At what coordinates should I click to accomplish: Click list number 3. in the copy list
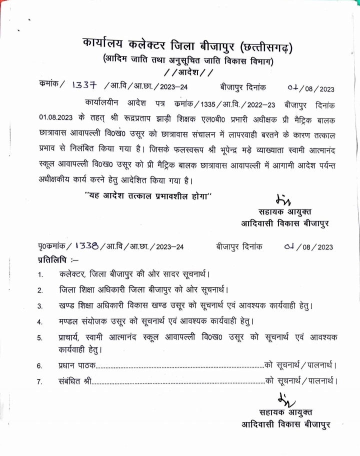click(40, 305)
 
